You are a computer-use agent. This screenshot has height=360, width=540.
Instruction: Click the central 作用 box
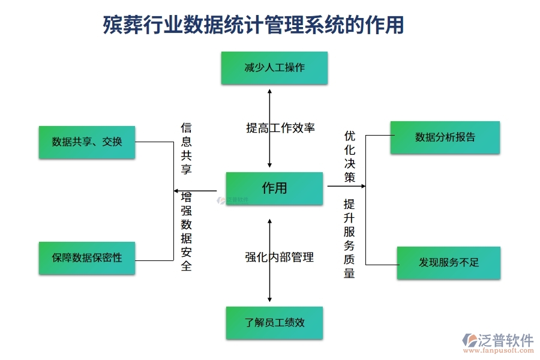(274, 188)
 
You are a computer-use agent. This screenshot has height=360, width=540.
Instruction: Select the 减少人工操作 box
(274, 68)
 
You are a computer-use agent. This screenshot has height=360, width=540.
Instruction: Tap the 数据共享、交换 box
(87, 142)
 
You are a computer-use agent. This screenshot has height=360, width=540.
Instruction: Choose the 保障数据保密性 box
(87, 258)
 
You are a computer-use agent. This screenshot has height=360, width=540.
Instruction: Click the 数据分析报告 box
(445, 137)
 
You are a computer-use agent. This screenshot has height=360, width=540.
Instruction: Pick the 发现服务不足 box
(448, 263)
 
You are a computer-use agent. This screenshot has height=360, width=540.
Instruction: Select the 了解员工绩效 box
(274, 323)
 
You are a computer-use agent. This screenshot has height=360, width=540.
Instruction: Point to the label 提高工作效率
(280, 128)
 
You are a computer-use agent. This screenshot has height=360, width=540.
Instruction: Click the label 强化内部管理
(279, 257)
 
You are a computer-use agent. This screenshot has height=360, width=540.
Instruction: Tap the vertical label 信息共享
(187, 149)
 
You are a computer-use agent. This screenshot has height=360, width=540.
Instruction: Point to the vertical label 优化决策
(350, 157)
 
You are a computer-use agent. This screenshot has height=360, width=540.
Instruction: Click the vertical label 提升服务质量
(349, 239)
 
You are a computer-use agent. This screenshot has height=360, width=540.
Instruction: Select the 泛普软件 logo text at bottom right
(505, 340)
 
